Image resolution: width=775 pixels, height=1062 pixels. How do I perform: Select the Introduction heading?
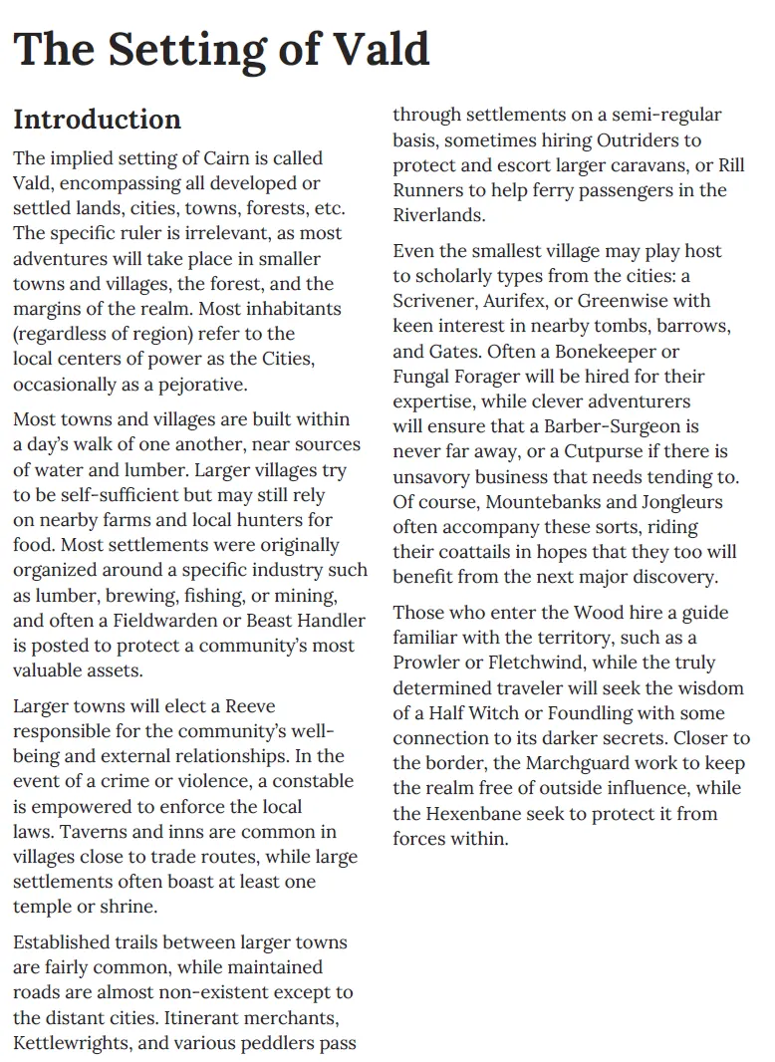tap(97, 120)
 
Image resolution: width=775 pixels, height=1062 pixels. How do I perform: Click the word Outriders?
tap(648, 140)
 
